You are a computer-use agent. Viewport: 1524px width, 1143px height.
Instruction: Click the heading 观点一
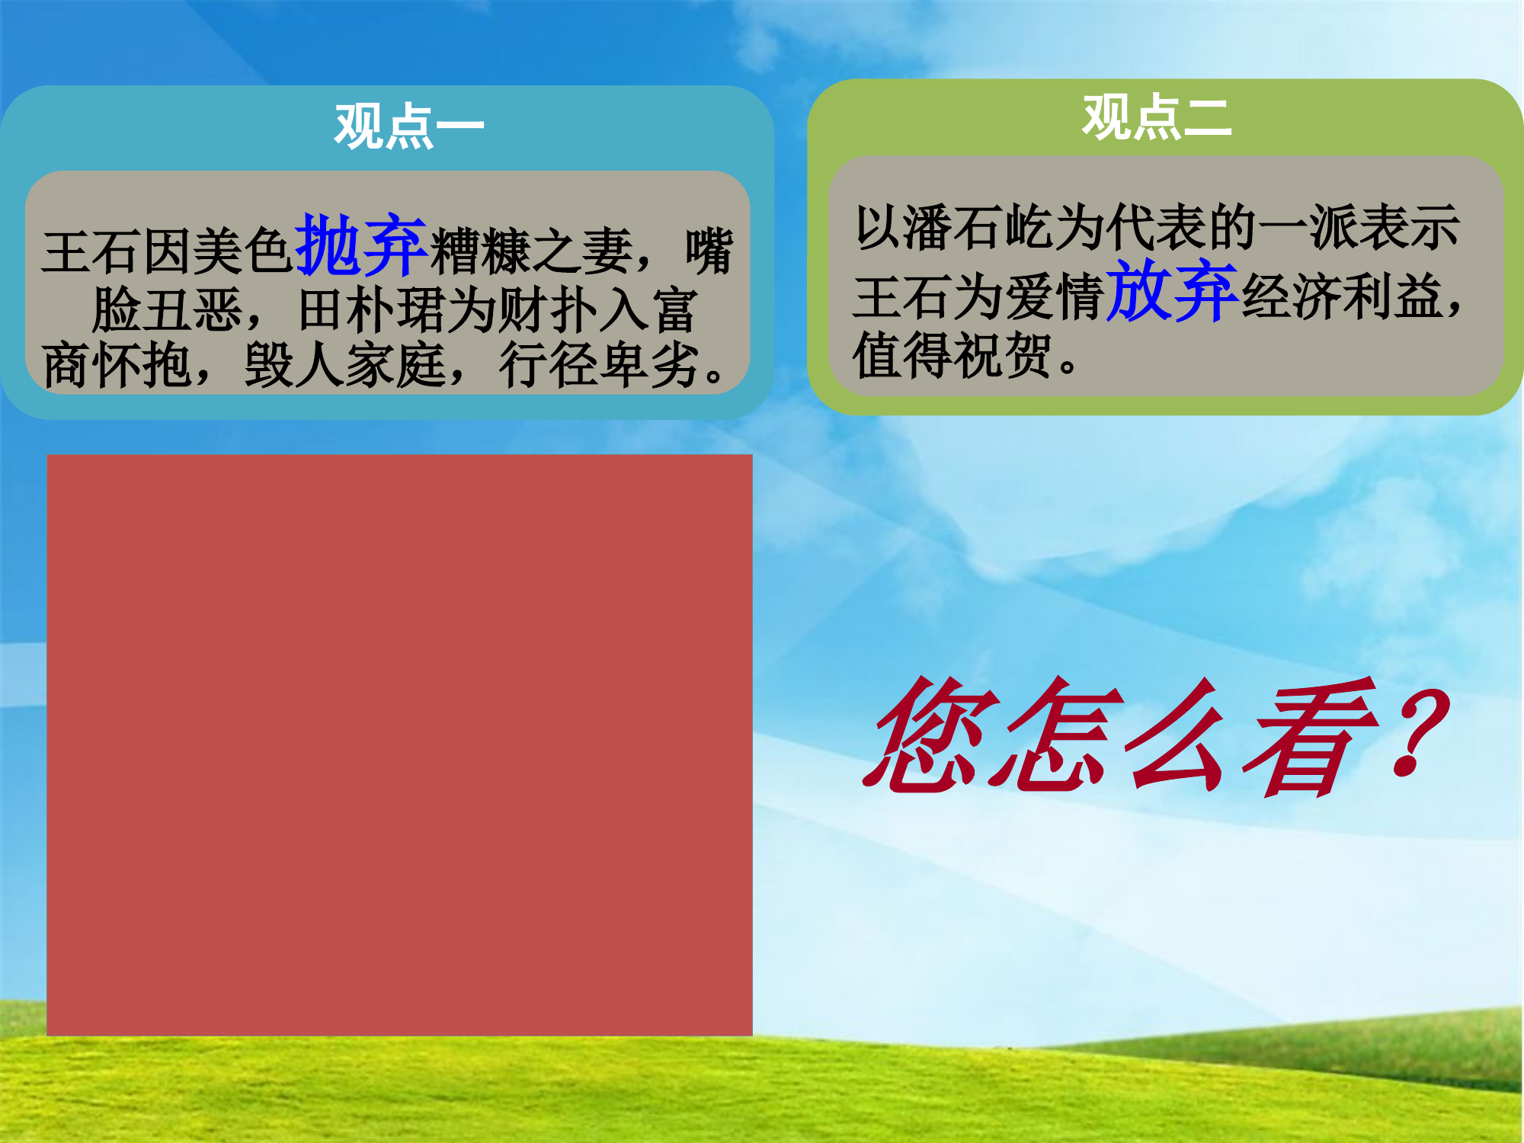pyautogui.click(x=409, y=126)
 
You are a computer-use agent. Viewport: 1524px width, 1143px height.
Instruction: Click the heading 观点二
pyautogui.click(x=1157, y=118)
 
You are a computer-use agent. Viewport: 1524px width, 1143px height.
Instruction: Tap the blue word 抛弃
pyautogui.click(x=361, y=245)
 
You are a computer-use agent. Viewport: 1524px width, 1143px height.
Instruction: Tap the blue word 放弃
pyautogui.click(x=1171, y=291)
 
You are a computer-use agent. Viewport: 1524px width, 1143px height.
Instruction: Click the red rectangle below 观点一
pyautogui.click(x=399, y=744)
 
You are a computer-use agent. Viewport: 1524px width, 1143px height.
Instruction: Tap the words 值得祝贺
pyautogui.click(x=952, y=356)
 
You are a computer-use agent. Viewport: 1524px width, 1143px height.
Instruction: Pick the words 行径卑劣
pyautogui.click(x=600, y=365)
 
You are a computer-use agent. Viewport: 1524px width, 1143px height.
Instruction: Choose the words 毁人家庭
pyautogui.click(x=344, y=365)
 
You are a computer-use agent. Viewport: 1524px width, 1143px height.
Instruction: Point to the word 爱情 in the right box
pyautogui.click(x=1055, y=296)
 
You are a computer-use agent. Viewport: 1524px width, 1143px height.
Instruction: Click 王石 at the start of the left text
pyautogui.click(x=91, y=251)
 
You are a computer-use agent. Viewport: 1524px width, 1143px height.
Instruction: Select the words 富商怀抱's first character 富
pyautogui.click(x=674, y=311)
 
